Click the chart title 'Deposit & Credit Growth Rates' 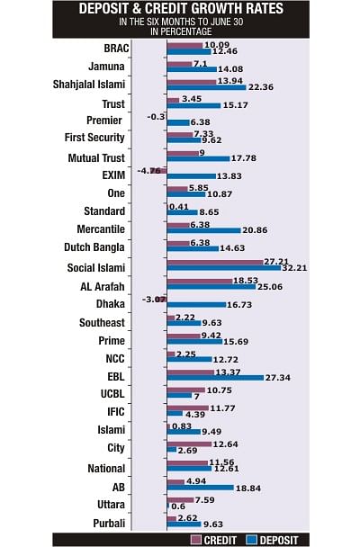coord(181,8)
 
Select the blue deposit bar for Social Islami coord(224,268)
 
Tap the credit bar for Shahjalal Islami coord(192,82)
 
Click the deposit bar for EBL coord(215,378)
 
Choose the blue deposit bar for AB coord(200,488)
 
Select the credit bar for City coord(189,444)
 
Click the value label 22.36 coord(261,87)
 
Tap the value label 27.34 coord(278,378)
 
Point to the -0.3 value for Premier coord(156,117)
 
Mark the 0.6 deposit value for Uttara coord(178,507)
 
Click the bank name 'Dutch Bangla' coord(94,247)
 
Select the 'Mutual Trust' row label coord(96,158)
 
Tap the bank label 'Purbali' coord(109,524)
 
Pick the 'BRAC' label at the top coord(116,49)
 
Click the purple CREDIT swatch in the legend coord(196,540)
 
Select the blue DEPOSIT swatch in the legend coord(251,540)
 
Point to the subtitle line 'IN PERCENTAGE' coord(181,31)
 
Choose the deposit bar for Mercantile coord(203,230)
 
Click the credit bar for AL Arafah coord(200,281)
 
